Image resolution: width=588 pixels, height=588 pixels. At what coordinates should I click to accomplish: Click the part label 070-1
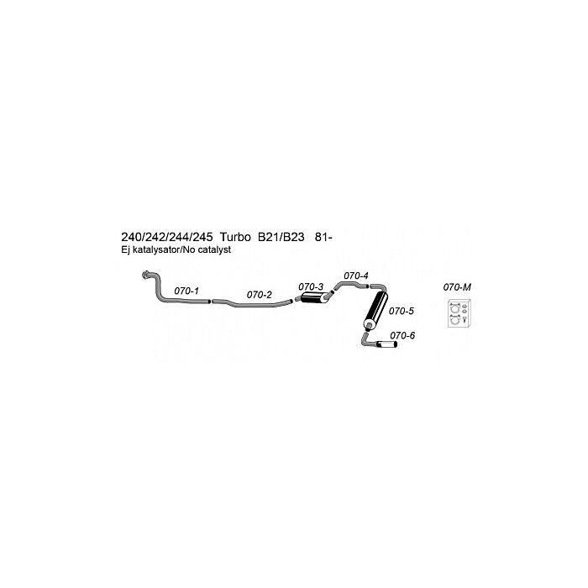click(x=186, y=291)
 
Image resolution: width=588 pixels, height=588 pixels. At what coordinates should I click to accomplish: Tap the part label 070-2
click(x=259, y=295)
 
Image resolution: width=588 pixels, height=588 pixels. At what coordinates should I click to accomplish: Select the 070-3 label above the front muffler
click(x=311, y=287)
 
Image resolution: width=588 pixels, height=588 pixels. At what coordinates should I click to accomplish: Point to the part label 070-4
click(x=356, y=276)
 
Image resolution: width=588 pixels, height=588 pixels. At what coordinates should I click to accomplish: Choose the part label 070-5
click(x=402, y=311)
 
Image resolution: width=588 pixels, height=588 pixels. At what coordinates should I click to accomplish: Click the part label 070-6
click(x=402, y=335)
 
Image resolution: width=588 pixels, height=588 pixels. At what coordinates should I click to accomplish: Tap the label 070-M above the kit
click(x=457, y=287)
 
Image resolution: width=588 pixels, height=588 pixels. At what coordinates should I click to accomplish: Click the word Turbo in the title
click(x=235, y=237)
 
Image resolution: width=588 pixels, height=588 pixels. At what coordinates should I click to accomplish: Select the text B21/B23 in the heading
click(x=281, y=237)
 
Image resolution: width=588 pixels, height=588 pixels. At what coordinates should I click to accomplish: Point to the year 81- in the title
click(x=324, y=237)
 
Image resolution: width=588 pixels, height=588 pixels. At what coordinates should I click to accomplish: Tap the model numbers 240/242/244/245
click(x=166, y=237)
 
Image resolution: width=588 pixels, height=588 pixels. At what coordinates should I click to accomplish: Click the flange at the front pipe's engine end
click(x=145, y=275)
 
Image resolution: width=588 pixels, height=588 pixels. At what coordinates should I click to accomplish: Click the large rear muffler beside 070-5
click(x=375, y=310)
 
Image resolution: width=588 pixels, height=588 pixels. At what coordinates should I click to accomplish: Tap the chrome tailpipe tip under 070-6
click(x=386, y=344)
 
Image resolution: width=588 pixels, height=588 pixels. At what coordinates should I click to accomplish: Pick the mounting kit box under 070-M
click(x=459, y=313)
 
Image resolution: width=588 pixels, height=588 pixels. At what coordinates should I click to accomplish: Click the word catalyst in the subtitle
click(x=215, y=249)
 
